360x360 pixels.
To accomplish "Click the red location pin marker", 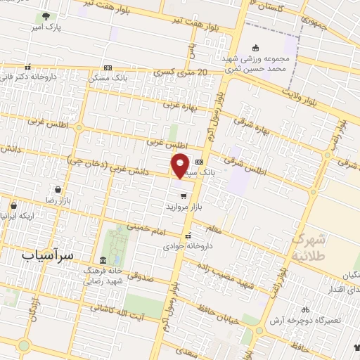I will click(181, 165).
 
